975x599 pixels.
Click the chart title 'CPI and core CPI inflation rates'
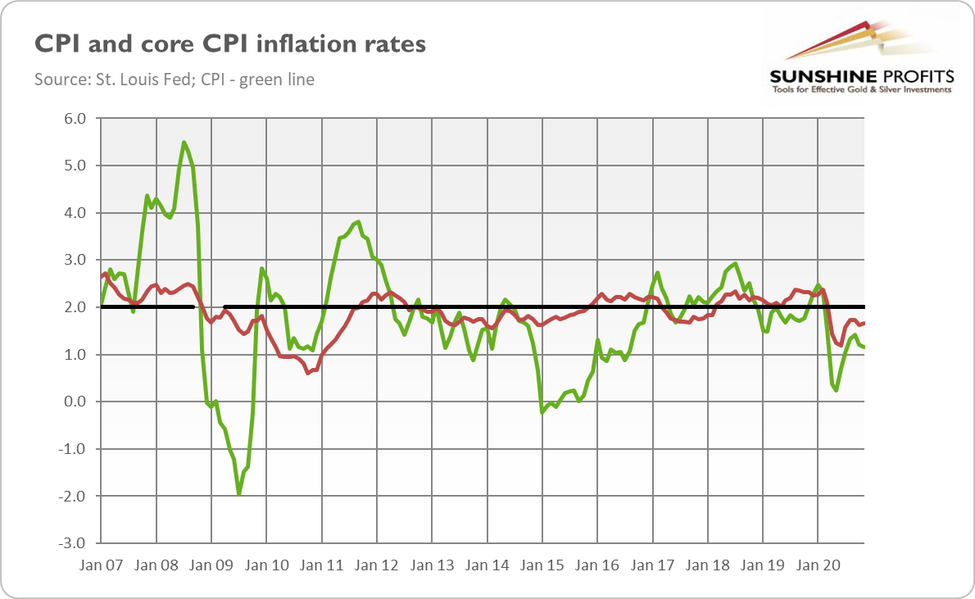(230, 43)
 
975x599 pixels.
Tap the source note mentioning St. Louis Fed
(175, 79)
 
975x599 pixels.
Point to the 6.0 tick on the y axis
(75, 119)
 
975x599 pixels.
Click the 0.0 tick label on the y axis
(75, 402)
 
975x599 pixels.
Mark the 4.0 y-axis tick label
(75, 213)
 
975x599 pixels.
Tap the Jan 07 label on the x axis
(101, 565)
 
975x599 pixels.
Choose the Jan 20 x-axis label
(818, 565)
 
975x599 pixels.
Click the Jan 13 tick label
(432, 565)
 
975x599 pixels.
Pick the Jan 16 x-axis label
(597, 565)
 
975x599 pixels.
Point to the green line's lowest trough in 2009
(238, 494)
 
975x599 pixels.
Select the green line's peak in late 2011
(358, 221)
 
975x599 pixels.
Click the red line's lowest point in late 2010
(307, 373)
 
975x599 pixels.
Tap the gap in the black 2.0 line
(208, 307)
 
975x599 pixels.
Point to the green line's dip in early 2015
(542, 412)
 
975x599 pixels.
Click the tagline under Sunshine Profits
(860, 89)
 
